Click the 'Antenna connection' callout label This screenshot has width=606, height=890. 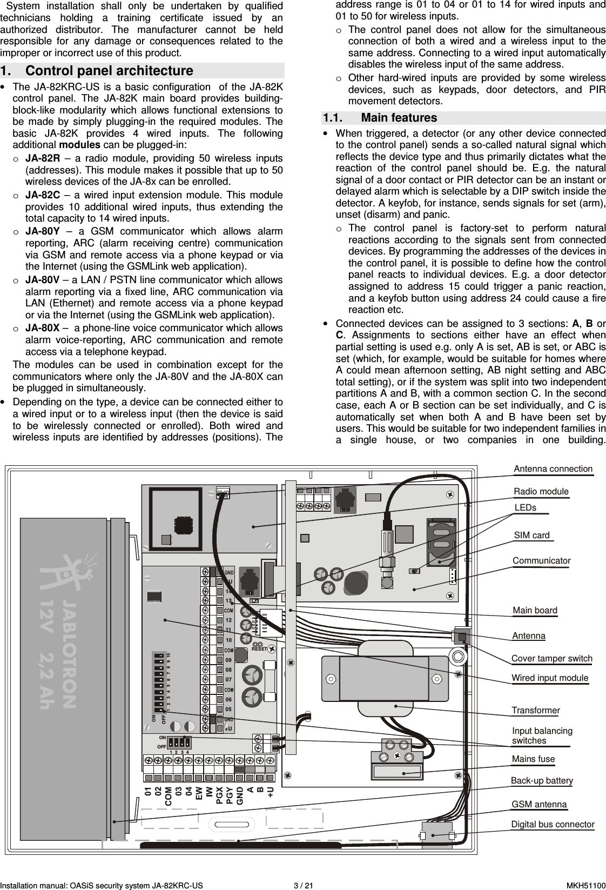point(553,469)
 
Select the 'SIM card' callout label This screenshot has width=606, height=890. point(531,535)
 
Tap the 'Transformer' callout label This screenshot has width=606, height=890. point(535,710)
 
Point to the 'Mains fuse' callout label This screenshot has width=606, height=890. point(533,759)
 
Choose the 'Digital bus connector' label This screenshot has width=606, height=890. point(553,824)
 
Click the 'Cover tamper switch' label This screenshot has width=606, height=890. point(551,658)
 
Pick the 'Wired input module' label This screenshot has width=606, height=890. point(550,678)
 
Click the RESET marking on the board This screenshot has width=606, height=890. point(259,648)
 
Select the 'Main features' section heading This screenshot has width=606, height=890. point(399,118)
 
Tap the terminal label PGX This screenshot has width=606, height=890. point(219,795)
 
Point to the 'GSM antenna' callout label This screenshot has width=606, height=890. point(539,804)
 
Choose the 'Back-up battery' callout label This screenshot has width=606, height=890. point(542,780)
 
